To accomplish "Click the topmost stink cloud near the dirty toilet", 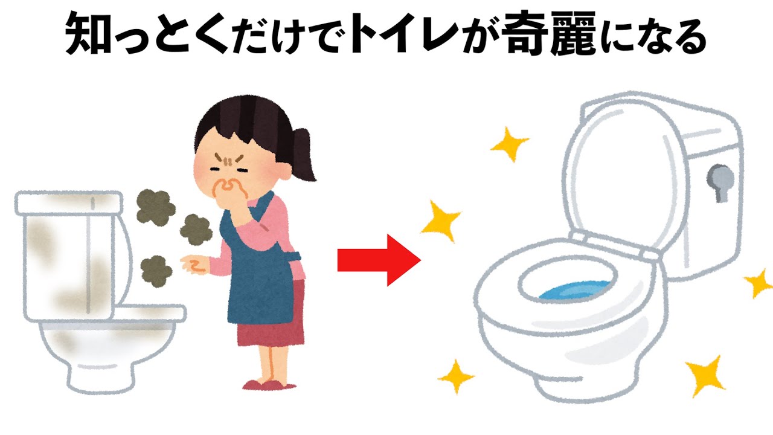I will pos(154,205).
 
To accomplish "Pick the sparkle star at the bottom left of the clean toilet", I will pos(457,376).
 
